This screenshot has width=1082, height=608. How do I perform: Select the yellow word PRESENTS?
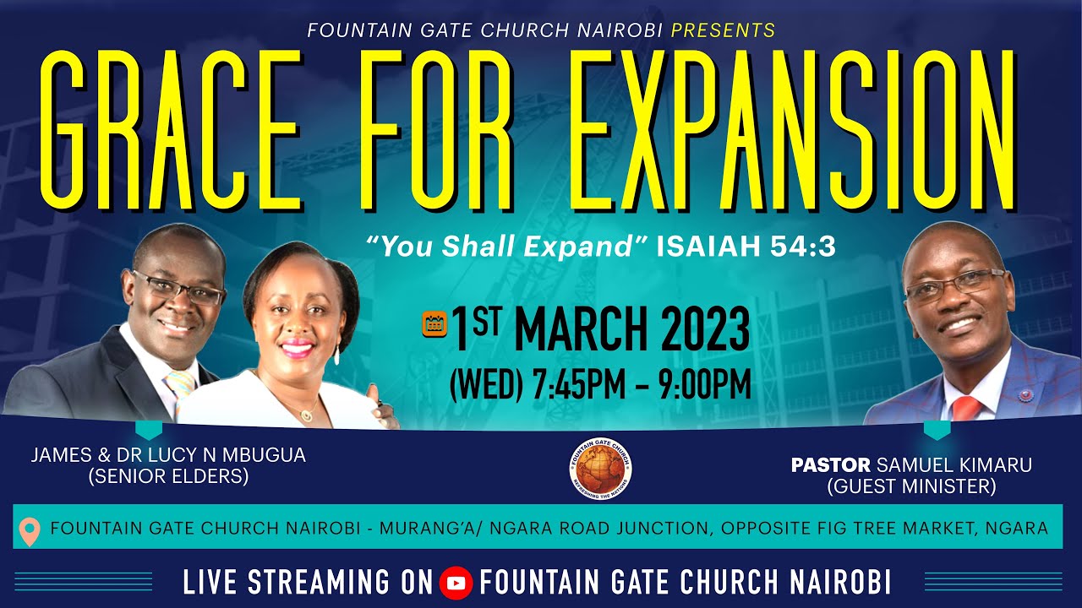723,31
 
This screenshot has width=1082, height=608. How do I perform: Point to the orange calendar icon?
434,325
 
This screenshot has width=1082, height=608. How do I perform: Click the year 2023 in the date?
697,329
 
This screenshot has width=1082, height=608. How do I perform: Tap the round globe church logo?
600,467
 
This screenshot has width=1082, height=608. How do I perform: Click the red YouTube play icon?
456,583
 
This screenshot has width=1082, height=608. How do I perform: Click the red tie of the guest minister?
965,408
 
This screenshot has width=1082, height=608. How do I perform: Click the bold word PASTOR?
830,465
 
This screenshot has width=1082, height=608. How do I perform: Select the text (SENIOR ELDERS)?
168,476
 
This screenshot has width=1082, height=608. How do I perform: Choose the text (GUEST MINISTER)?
911,486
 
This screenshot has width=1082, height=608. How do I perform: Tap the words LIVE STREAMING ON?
308,583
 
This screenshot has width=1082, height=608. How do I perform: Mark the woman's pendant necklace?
306,414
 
